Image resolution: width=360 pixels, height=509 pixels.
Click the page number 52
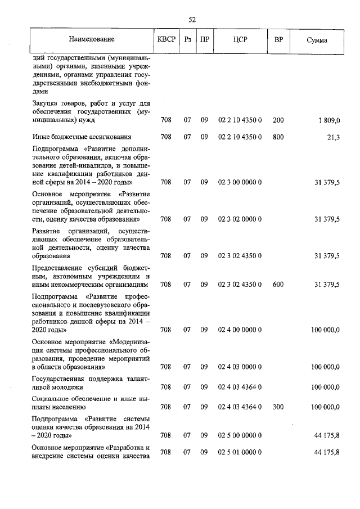point(192,19)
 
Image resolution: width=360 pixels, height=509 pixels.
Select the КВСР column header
point(166,40)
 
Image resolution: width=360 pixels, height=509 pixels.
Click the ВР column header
point(278,40)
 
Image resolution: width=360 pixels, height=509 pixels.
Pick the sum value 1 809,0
point(329,120)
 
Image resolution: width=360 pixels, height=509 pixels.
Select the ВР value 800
point(278,137)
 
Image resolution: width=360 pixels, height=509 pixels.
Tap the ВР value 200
point(278,120)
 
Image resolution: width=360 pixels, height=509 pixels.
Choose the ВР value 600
point(278,285)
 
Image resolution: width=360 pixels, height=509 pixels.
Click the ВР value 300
point(278,406)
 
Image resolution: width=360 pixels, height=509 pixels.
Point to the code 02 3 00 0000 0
point(240,182)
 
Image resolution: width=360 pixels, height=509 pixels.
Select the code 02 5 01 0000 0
point(240,452)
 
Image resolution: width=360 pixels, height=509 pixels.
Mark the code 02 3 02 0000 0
point(240,219)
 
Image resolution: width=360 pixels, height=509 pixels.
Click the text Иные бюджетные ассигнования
point(82,137)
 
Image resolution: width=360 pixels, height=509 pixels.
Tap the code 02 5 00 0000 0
point(240,435)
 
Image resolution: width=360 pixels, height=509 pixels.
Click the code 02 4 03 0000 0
point(240,367)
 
